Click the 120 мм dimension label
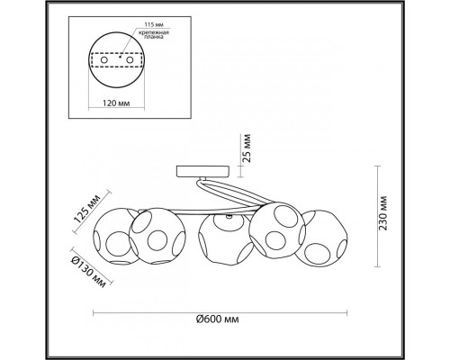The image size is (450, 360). point(116,103)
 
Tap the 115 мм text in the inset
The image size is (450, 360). point(154,25)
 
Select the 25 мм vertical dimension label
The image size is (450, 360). point(247,148)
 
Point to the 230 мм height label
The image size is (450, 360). point(383,213)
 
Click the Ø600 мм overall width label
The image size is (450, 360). point(218,319)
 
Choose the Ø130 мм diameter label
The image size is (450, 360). point(87,273)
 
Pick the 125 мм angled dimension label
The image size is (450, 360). point(86,209)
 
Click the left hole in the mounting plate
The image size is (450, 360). point(104,60)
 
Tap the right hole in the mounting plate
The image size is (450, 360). point(130,60)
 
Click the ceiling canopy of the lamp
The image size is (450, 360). point(203,172)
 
